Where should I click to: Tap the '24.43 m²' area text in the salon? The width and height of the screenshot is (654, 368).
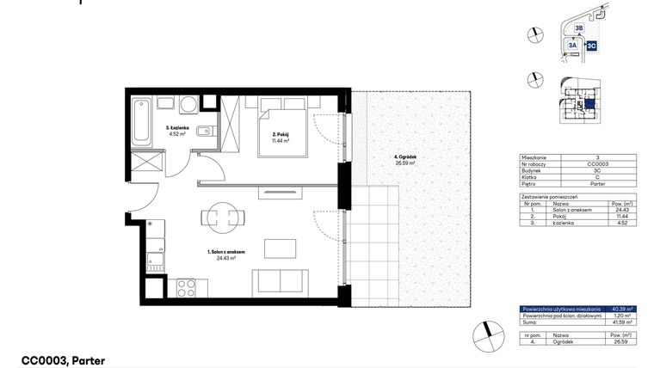coord(227,258)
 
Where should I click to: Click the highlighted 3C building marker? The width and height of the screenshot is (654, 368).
coord(591,46)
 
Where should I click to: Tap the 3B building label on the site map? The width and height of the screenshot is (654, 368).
coord(578,28)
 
